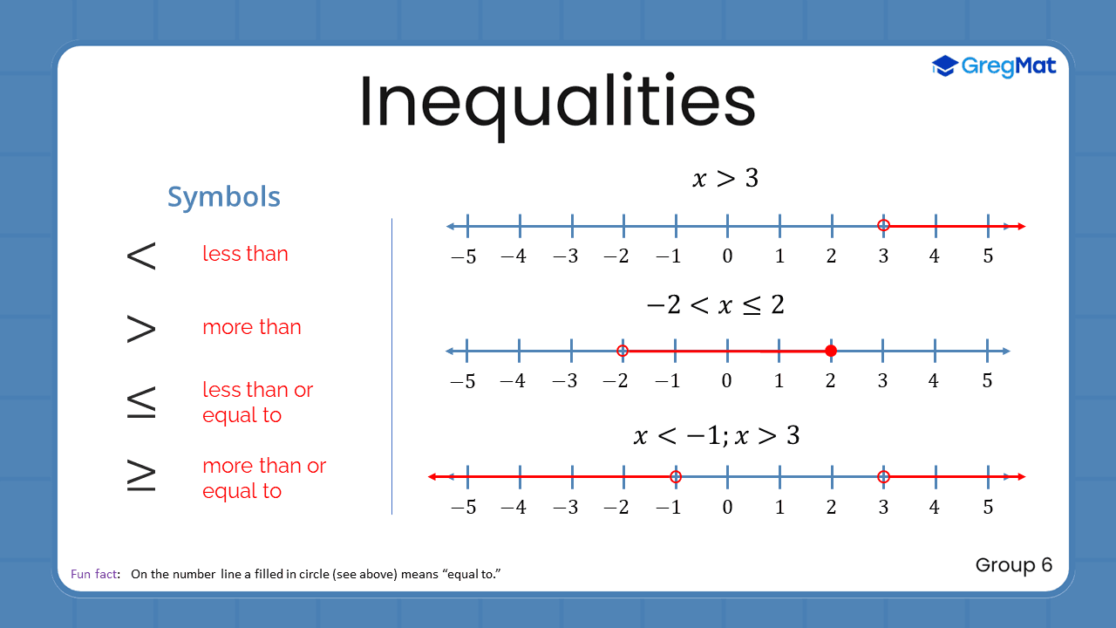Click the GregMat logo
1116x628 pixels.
pyautogui.click(x=994, y=65)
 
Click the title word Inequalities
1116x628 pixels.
pyautogui.click(x=557, y=102)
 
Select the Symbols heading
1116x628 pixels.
pyautogui.click(x=224, y=197)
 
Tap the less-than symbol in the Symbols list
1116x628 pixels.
pyautogui.click(x=141, y=255)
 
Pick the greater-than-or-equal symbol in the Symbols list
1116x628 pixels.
pyautogui.click(x=141, y=476)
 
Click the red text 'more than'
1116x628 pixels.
pyautogui.click(x=252, y=327)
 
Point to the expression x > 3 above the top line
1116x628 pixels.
pyautogui.click(x=725, y=179)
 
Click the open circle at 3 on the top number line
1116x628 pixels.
pyautogui.click(x=883, y=226)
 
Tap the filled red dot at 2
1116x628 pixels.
pyautogui.click(x=831, y=351)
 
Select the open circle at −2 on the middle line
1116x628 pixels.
pyautogui.click(x=623, y=351)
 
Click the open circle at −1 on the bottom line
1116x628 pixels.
pyautogui.click(x=675, y=476)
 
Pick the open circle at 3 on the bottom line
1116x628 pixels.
pyautogui.click(x=883, y=476)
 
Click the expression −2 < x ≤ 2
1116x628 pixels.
pyautogui.click(x=715, y=305)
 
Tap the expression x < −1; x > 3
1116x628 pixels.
pyautogui.click(x=716, y=435)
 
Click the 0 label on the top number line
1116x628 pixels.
pyautogui.click(x=727, y=256)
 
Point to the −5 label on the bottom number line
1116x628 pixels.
pyautogui.click(x=463, y=508)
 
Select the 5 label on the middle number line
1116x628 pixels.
pyautogui.click(x=987, y=381)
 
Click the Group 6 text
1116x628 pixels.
pyautogui.click(x=1014, y=565)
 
